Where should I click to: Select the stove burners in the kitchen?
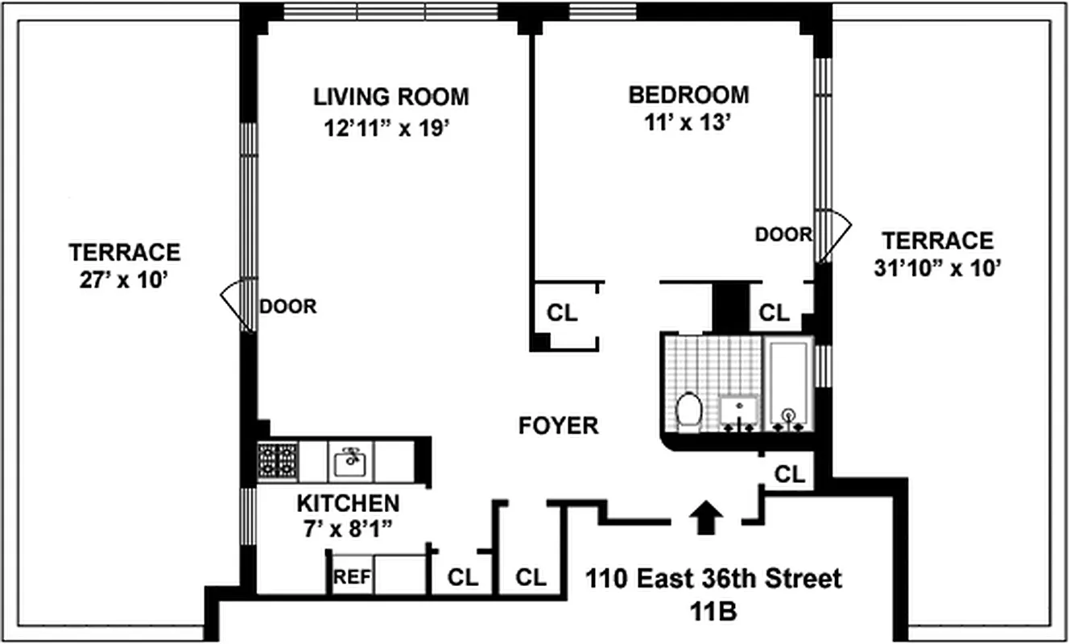click(278, 462)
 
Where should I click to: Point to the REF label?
click(351, 577)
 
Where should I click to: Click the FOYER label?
click(558, 426)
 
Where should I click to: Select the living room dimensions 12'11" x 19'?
click(391, 129)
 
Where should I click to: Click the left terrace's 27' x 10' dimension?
click(125, 280)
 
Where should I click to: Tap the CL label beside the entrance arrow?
click(790, 475)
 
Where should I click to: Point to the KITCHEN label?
click(348, 504)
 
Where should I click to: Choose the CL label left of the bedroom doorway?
click(562, 313)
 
